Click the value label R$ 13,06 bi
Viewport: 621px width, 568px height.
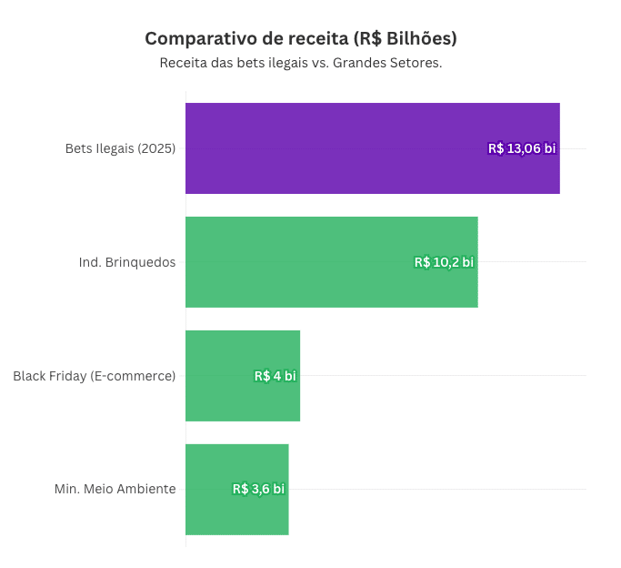click(522, 148)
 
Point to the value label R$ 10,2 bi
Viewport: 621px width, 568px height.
click(444, 262)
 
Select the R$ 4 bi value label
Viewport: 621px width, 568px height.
click(275, 376)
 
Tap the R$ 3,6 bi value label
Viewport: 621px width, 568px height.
click(258, 489)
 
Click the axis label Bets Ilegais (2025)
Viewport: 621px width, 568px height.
click(120, 148)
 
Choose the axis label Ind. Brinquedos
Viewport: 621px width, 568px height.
click(127, 262)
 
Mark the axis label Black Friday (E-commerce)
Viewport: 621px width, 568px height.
click(94, 376)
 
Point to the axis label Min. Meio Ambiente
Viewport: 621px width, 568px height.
click(115, 489)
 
